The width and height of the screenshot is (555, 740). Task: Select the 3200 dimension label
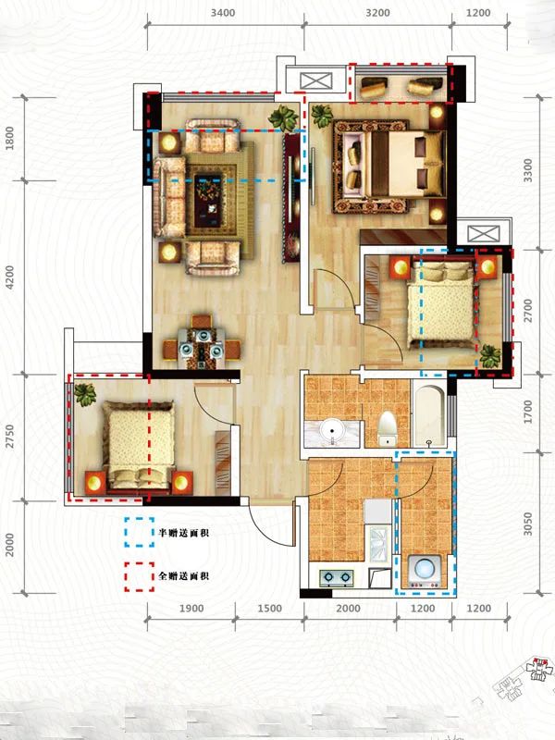[377, 14]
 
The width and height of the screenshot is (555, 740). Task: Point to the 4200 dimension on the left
[10, 277]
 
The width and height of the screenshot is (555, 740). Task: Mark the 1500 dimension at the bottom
[269, 608]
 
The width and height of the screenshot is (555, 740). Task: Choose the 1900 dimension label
[191, 608]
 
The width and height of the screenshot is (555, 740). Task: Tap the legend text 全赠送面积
[184, 576]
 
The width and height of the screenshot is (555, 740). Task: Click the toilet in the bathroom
[388, 427]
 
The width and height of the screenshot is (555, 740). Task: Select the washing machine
[425, 571]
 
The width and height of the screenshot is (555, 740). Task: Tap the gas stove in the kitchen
[336, 578]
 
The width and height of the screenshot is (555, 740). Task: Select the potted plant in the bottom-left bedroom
[85, 395]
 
